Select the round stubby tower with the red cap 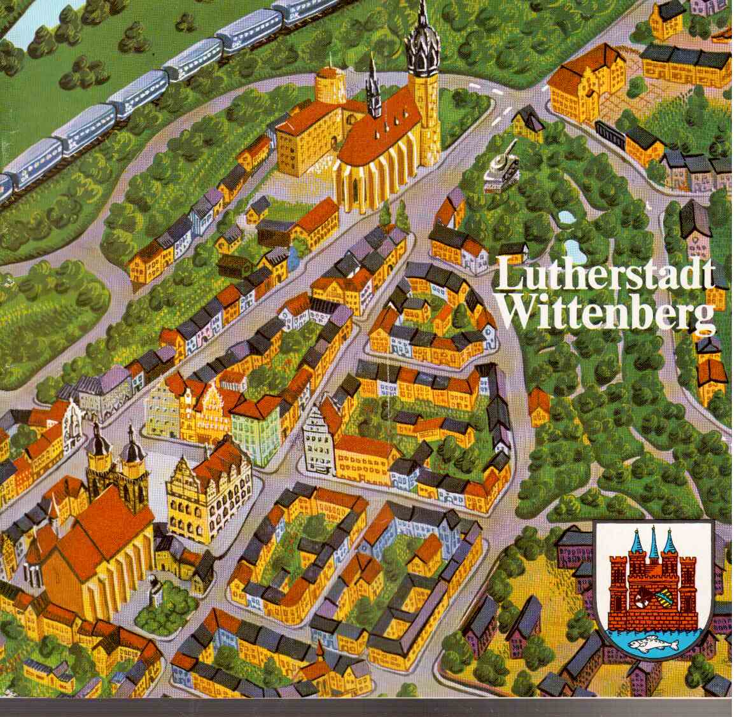[330, 86]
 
